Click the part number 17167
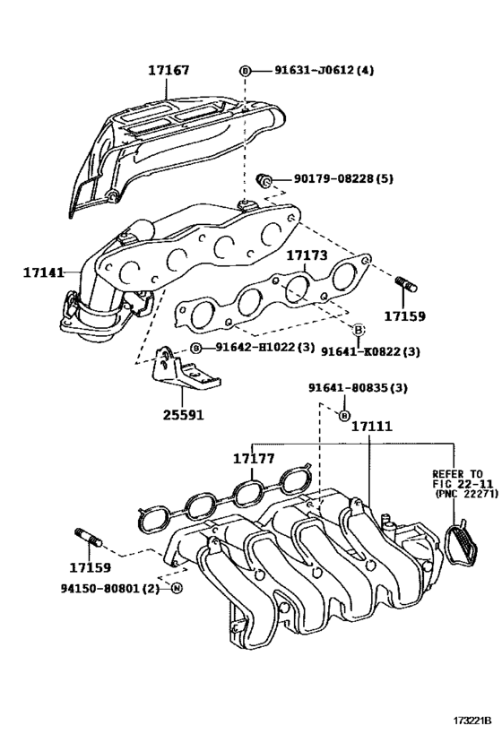coord(169,71)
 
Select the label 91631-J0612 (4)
coord(324,71)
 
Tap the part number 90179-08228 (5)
coord(343,178)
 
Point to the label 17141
coord(44,272)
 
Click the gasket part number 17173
coord(307,255)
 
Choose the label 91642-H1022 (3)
coord(265,348)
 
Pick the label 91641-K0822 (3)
coord(370,351)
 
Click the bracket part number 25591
coord(184,415)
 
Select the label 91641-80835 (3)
coord(358,388)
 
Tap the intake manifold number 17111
coord(372,427)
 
